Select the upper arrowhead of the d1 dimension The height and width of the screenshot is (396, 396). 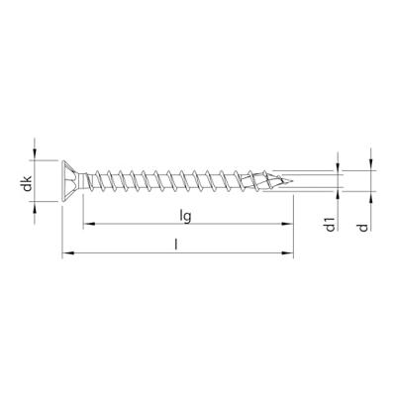(x=340, y=165)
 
